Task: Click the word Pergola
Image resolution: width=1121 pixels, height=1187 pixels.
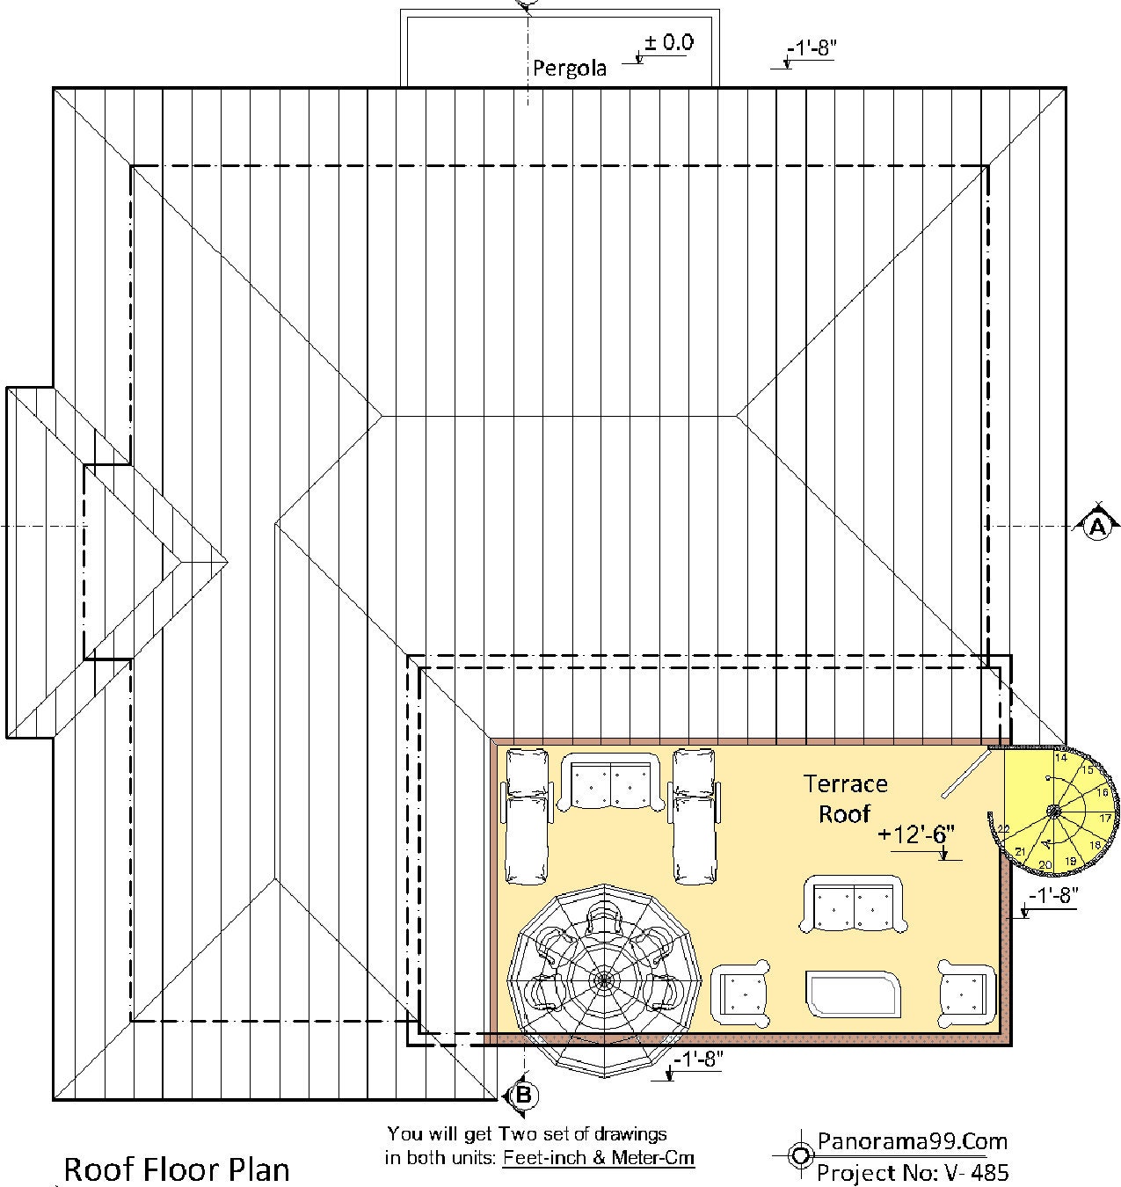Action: click(570, 69)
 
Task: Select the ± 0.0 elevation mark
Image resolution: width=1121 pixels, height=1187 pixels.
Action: click(669, 42)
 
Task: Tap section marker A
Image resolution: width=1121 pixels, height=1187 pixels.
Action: click(1096, 526)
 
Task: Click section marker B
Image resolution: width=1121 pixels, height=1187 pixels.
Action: click(522, 1095)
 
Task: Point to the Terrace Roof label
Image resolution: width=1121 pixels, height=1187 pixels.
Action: click(845, 798)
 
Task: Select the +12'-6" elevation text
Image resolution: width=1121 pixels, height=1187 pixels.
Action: click(915, 834)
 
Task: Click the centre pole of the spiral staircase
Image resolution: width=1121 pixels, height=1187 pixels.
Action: click(1052, 811)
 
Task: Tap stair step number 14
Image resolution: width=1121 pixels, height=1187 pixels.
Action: click(1061, 757)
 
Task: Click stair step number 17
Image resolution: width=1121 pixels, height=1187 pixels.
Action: click(1105, 818)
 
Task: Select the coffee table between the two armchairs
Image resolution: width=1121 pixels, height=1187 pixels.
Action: click(854, 994)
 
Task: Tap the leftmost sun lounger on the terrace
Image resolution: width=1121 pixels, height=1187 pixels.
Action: click(526, 815)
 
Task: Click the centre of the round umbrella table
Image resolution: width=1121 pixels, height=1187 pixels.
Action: click(603, 979)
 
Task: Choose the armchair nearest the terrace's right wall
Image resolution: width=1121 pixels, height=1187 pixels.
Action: click(966, 994)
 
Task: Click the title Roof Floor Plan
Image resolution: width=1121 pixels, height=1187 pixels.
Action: click(177, 1169)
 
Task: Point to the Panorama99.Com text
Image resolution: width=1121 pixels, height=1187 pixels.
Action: click(912, 1141)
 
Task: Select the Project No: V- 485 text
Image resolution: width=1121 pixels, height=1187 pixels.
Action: click(912, 1171)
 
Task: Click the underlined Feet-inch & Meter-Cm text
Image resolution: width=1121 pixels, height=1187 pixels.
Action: click(599, 1157)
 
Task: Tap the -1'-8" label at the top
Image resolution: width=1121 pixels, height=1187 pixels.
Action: click(811, 49)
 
